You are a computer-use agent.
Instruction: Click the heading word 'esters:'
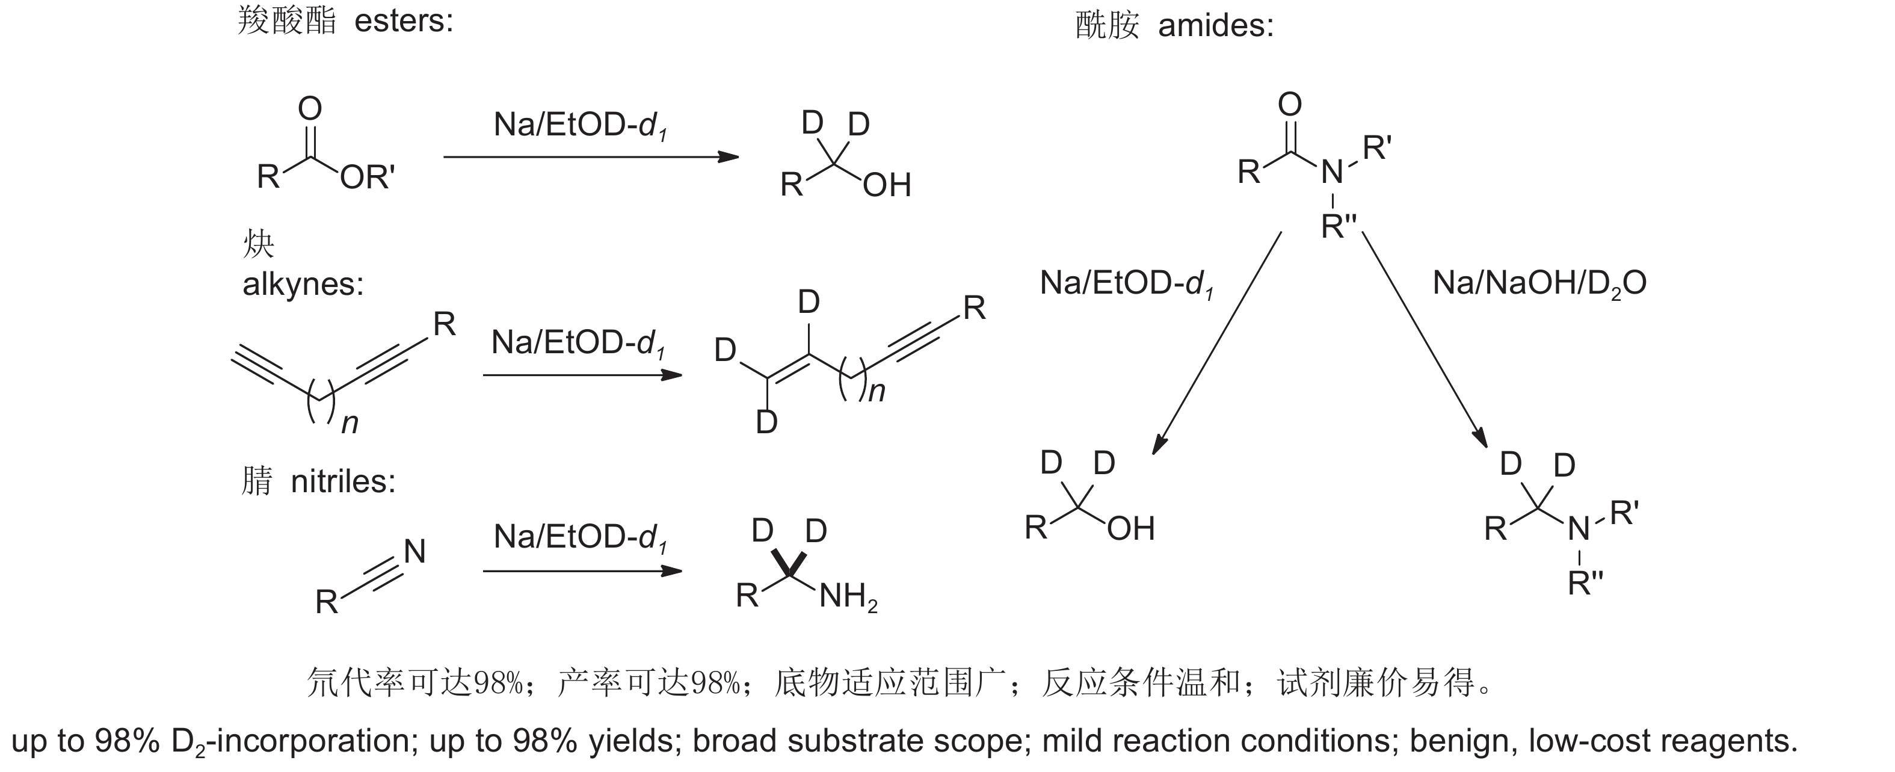404,20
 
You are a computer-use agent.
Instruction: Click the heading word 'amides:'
1215,26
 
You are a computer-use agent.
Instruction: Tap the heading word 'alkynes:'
303,284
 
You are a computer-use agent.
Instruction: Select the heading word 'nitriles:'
344,482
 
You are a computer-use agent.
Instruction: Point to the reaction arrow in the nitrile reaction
582,571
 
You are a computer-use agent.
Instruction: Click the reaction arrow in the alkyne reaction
582,375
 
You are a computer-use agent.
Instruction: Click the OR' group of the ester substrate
367,178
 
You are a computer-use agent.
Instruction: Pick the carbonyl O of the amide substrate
1290,105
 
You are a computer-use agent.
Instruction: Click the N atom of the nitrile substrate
415,552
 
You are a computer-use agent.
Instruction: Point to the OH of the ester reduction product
887,185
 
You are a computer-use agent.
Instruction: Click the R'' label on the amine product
1585,584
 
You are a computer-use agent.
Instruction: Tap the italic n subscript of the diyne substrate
350,424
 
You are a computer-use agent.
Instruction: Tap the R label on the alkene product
974,308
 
